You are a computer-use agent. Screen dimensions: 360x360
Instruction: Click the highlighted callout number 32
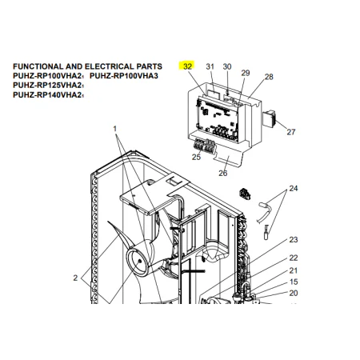[187, 66]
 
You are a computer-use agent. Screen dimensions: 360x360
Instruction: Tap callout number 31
[210, 66]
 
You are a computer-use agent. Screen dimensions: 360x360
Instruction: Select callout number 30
[227, 66]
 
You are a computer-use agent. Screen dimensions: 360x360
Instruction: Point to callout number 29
[246, 73]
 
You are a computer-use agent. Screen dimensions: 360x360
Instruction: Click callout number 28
[269, 77]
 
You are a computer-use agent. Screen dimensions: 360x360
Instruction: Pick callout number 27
[291, 132]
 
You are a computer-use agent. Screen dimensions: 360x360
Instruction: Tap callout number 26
[223, 173]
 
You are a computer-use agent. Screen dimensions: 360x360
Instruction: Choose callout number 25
[196, 157]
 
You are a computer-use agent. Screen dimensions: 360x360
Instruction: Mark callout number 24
[294, 189]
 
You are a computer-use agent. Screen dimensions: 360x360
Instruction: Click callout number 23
[294, 240]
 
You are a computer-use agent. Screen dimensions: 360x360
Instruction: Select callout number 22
[294, 258]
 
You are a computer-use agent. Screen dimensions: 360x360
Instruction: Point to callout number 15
[294, 282]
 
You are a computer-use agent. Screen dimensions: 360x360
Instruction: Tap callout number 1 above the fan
[115, 129]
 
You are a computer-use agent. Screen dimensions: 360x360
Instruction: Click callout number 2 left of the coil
[75, 278]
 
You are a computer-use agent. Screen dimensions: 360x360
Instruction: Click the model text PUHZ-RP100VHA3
[124, 76]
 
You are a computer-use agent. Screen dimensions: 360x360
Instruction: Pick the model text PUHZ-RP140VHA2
[47, 95]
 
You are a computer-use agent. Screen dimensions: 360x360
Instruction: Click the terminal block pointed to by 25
[205, 146]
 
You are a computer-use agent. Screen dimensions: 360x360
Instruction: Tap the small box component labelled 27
[269, 118]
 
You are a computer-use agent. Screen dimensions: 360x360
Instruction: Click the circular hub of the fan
[137, 262]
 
